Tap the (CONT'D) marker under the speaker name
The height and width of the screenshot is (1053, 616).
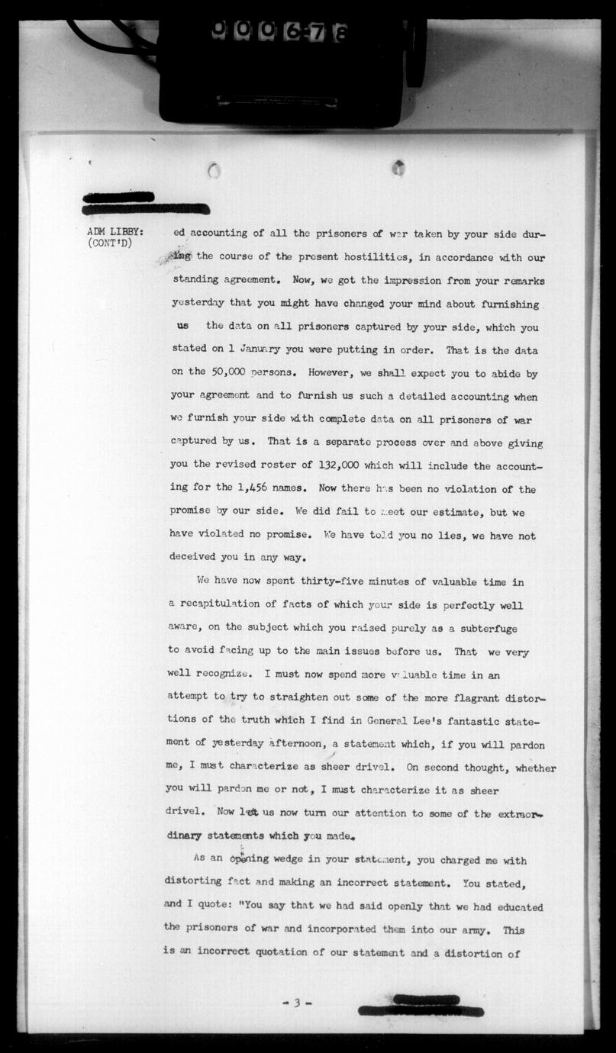(111, 244)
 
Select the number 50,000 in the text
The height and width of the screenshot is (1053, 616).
(221, 374)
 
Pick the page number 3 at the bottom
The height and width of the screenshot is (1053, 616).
(295, 1003)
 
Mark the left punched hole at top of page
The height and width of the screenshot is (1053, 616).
(214, 171)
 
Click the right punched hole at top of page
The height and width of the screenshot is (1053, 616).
(398, 167)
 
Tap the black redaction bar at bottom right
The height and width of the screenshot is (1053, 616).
(421, 1006)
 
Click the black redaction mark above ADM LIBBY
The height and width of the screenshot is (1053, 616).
(145, 203)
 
